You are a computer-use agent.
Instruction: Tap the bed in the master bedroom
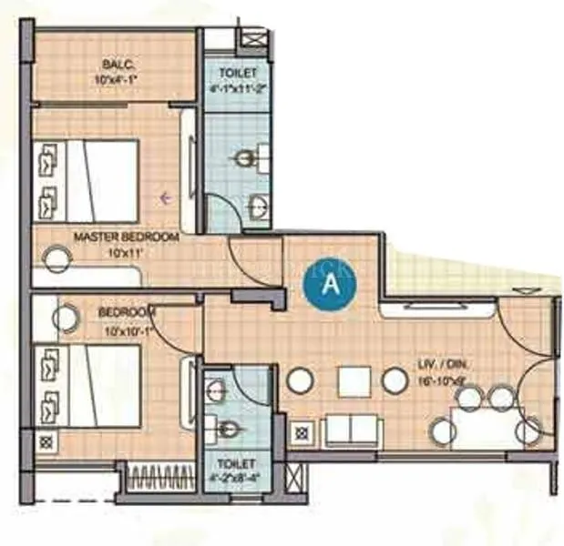[87, 181]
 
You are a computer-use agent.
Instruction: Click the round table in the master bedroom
[57, 258]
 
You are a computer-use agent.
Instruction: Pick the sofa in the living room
[352, 430]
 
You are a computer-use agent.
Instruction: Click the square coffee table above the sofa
[354, 380]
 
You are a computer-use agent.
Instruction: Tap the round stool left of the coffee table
[300, 380]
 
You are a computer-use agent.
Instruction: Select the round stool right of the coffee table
[395, 380]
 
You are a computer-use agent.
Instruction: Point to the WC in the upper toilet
[245, 159]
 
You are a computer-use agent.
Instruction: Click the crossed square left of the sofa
[303, 427]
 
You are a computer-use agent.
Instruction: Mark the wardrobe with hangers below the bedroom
[160, 477]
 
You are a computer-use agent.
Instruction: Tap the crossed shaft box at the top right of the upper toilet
[255, 39]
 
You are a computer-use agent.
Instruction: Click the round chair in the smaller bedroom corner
[65, 318]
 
